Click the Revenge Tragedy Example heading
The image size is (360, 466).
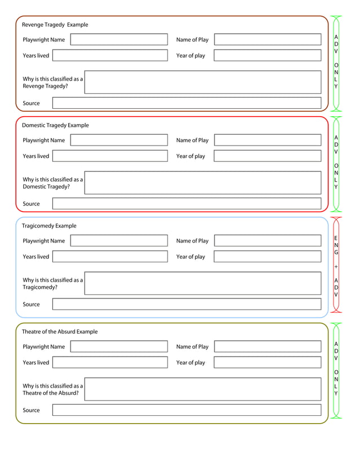[55, 25]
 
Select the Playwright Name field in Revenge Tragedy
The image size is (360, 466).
[119, 40]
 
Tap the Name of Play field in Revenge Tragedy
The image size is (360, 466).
[267, 40]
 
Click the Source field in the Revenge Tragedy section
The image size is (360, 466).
[186, 103]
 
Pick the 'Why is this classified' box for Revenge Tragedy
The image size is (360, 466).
[202, 82]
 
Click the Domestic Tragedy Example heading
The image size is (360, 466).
[55, 125]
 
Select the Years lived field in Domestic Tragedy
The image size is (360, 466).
[110, 156]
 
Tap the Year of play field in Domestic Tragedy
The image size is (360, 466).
[267, 156]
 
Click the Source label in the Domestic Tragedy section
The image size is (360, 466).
[31, 204]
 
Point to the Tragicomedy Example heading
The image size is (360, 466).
[49, 226]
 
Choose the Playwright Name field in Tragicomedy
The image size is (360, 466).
[119, 241]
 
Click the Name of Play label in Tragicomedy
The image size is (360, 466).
[192, 241]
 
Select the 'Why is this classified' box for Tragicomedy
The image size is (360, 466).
[202, 283]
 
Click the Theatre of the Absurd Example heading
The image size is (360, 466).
[59, 332]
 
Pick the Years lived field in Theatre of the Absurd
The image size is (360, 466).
[110, 363]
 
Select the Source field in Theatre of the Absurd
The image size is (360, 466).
[186, 410]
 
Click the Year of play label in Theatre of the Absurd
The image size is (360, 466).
[191, 363]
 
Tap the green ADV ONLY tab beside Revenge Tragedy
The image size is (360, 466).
[336, 62]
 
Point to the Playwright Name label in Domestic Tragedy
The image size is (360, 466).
[43, 140]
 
